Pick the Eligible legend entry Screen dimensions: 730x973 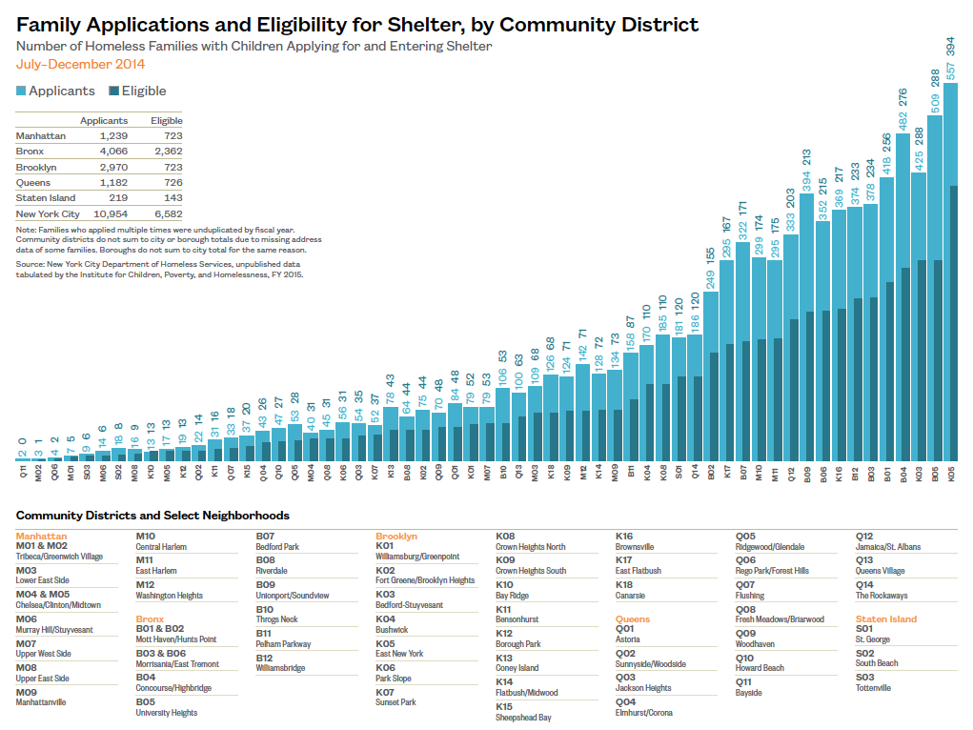(x=137, y=91)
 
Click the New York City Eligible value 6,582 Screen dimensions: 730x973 (x=166, y=214)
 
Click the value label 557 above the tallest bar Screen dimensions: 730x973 (x=950, y=71)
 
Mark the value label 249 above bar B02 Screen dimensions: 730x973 (x=710, y=280)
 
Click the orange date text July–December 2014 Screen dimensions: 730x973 (x=80, y=64)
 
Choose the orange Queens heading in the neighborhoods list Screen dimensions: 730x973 (x=633, y=619)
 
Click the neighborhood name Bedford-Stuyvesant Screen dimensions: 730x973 (x=409, y=605)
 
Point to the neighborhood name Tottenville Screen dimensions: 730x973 (x=874, y=688)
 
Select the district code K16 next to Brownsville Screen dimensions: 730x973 (x=624, y=537)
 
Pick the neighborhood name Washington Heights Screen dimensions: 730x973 (x=169, y=596)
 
